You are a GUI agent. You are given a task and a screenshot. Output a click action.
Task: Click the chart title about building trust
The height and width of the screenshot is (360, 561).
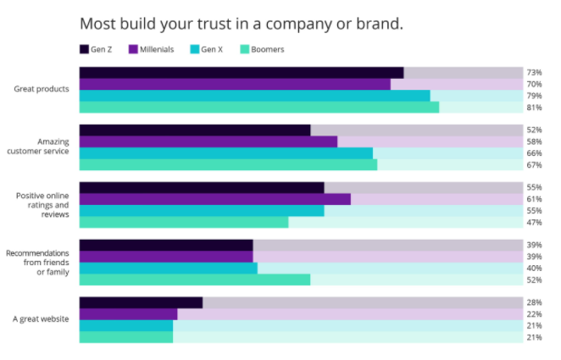[241, 23]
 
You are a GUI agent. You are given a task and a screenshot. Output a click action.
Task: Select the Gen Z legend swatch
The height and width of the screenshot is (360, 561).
[85, 49]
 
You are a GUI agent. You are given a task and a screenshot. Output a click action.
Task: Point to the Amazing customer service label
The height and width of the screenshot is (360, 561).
[41, 147]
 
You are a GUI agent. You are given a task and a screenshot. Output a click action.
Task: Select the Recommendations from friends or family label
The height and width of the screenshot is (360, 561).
[41, 262]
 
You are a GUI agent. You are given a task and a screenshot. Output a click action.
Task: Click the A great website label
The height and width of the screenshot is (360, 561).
[41, 319]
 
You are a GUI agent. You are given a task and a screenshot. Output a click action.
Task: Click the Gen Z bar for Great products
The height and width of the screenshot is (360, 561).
[241, 73]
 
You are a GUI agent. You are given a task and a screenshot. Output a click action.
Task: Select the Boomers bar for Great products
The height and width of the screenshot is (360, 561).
[258, 108]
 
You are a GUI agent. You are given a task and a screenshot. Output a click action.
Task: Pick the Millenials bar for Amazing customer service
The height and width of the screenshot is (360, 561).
[208, 141]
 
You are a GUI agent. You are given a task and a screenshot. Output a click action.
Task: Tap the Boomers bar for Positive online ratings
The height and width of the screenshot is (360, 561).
[184, 222]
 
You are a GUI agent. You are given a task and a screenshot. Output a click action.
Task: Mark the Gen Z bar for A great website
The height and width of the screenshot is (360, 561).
[141, 302]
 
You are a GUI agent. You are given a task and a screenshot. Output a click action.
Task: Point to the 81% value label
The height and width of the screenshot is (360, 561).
[534, 108]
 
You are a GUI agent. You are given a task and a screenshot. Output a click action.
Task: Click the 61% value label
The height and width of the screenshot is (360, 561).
[534, 199]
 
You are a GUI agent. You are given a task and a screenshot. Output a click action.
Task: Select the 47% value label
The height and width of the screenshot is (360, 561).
[534, 222]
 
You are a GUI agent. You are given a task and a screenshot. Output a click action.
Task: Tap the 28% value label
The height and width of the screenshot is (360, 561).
[534, 302]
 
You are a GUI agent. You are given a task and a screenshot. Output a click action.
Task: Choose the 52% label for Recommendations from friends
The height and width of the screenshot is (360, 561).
[534, 280]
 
